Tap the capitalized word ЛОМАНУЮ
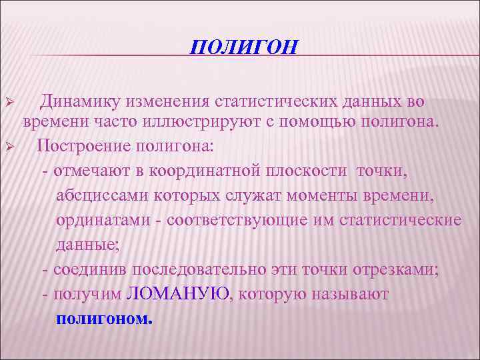coord(177,294)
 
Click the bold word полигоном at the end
coord(105,318)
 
